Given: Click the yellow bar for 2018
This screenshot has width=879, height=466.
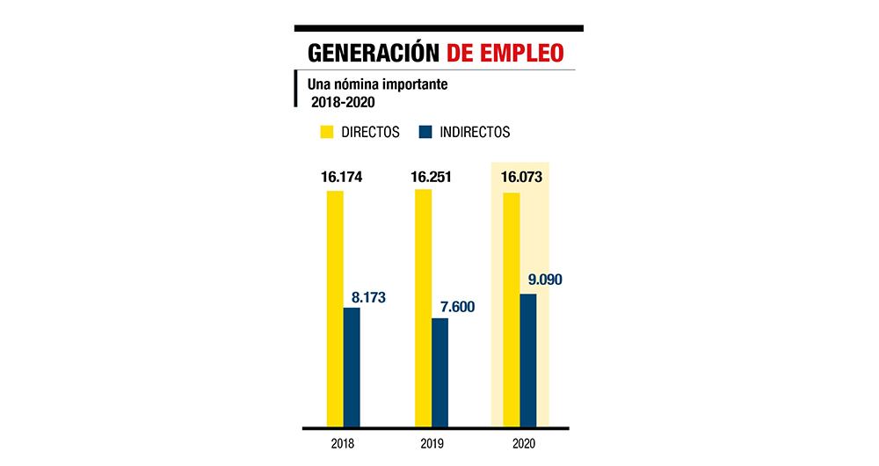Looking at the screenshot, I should pyautogui.click(x=335, y=308).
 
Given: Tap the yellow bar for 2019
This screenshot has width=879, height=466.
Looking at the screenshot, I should pyautogui.click(x=423, y=308).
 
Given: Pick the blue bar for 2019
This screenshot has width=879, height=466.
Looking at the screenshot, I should pyautogui.click(x=439, y=372).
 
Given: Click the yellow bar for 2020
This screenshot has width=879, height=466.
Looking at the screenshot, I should pyautogui.click(x=511, y=309).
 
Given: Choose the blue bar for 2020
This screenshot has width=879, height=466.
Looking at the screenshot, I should pyautogui.click(x=527, y=360).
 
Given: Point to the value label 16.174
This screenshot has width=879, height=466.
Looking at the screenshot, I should pyautogui.click(x=342, y=177).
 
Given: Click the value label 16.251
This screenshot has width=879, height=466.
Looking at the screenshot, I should pyautogui.click(x=430, y=177).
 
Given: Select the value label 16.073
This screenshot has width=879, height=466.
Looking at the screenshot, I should pyautogui.click(x=521, y=177).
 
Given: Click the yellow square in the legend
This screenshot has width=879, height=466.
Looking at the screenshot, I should pyautogui.click(x=325, y=133).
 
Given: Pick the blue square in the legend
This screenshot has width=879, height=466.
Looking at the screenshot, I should pyautogui.click(x=425, y=133).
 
